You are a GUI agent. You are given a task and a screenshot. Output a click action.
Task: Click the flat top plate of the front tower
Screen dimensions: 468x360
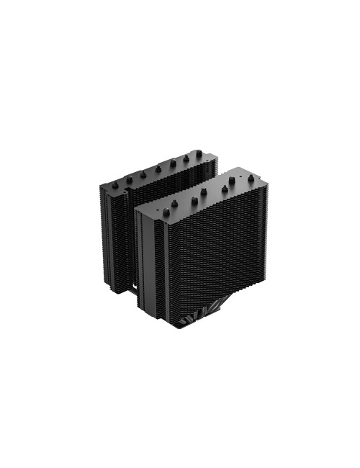point(194,198)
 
